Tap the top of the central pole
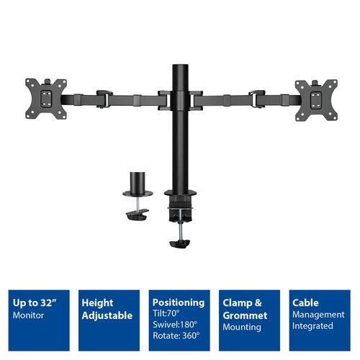coord(179,67)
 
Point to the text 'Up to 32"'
coord(32,303)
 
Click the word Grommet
coord(244,315)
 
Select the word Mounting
coord(243,327)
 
